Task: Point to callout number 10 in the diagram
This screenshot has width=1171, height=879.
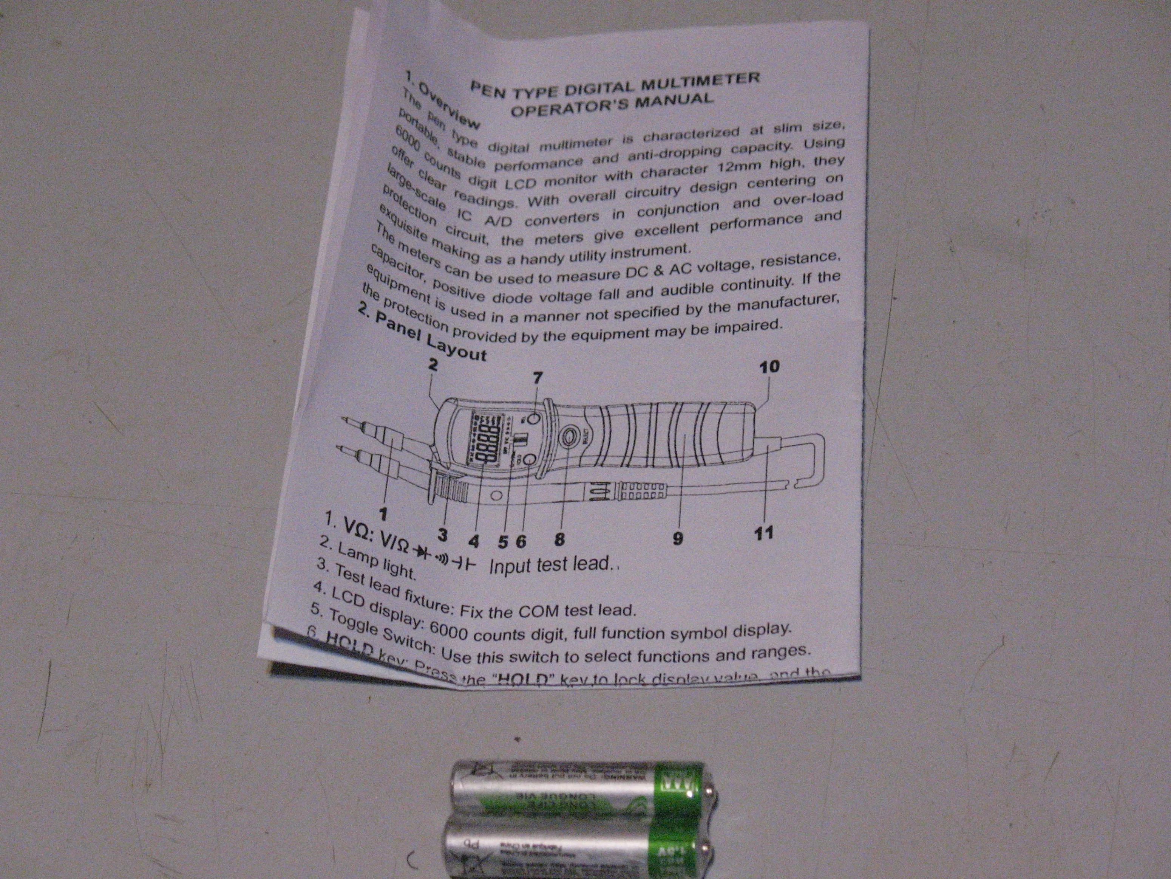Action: pyautogui.click(x=769, y=367)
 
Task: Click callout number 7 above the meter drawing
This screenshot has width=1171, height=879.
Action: pyautogui.click(x=538, y=378)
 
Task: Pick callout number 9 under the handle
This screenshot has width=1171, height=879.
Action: pyautogui.click(x=678, y=539)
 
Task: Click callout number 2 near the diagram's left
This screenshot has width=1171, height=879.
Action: pyautogui.click(x=433, y=364)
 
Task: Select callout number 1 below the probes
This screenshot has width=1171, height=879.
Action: pyautogui.click(x=383, y=513)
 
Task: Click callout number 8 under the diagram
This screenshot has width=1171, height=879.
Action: pyautogui.click(x=559, y=540)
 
